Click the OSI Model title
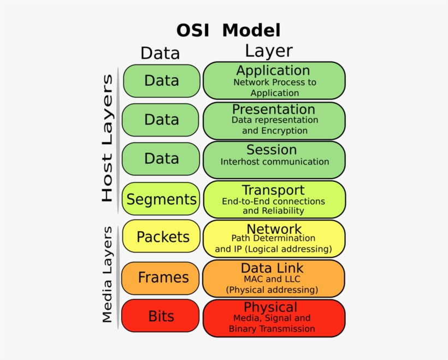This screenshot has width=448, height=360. [x=228, y=29]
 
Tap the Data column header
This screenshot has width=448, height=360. [x=160, y=53]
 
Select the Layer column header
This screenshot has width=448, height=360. [x=268, y=51]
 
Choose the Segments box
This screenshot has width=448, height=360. [x=161, y=199]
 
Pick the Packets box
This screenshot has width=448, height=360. [x=162, y=237]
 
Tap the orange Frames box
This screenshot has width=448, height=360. [x=163, y=278]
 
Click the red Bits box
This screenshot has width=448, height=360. [x=161, y=316]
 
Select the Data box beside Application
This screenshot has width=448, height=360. [x=161, y=81]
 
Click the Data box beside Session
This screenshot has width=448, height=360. [x=161, y=158]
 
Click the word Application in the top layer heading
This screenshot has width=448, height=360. [x=273, y=70]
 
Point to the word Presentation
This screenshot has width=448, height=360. [x=274, y=109]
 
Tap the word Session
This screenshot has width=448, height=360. [x=272, y=150]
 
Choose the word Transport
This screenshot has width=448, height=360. [x=273, y=190]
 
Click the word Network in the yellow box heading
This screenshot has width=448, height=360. [x=274, y=228]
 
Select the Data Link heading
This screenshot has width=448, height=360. [x=272, y=268]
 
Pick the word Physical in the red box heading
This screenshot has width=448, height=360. [x=270, y=307]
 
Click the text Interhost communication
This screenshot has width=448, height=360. [x=275, y=162]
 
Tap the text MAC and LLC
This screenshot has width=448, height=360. [x=272, y=279]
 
